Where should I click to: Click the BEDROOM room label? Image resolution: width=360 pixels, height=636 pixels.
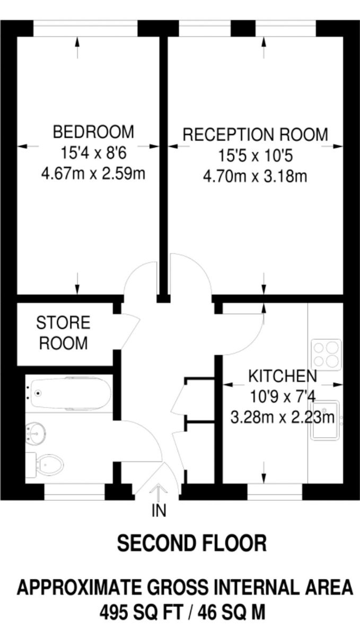[x=93, y=132]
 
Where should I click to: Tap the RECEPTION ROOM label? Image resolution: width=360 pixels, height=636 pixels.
[x=255, y=135]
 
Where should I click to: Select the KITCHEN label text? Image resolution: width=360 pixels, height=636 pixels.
[x=283, y=376]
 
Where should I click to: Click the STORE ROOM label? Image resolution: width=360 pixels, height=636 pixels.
[x=64, y=333]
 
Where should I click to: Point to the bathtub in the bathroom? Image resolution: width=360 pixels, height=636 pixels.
[x=71, y=393]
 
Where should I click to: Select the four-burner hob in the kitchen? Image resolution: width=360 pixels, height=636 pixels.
[x=326, y=355]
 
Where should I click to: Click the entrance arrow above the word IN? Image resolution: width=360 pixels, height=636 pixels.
[x=159, y=493]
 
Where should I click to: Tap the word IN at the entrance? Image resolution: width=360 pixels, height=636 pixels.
[x=159, y=510]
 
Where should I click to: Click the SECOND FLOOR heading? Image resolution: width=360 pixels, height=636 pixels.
[x=192, y=543]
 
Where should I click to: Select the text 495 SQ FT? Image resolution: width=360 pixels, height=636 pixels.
[x=141, y=612]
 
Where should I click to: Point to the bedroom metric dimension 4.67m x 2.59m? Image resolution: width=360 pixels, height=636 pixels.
[x=93, y=173]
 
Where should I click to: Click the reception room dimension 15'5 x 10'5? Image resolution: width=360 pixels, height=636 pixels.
[x=255, y=156]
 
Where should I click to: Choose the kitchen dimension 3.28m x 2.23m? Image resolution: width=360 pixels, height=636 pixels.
[x=283, y=418]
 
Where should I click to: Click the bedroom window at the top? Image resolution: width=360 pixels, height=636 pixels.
[x=85, y=29]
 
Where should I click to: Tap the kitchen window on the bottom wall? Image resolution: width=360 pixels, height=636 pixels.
[x=275, y=492]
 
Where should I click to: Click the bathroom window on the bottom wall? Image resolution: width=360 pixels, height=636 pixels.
[x=75, y=492]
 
